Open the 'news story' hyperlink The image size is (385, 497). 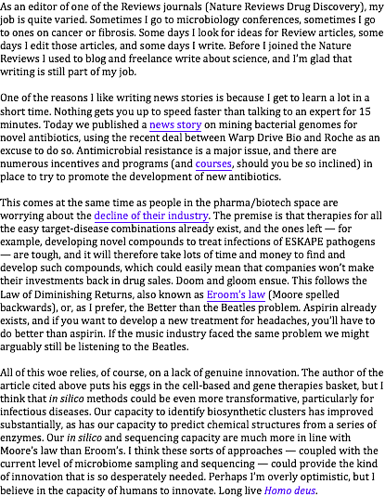tap(175, 124)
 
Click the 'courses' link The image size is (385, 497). tap(213, 163)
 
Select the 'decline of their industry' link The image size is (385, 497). tap(151, 216)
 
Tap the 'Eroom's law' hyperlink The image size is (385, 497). tap(236, 294)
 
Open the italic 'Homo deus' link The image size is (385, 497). tap(289, 490)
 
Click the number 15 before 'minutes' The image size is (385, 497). tap(365, 111)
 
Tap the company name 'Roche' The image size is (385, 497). tap(339, 137)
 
